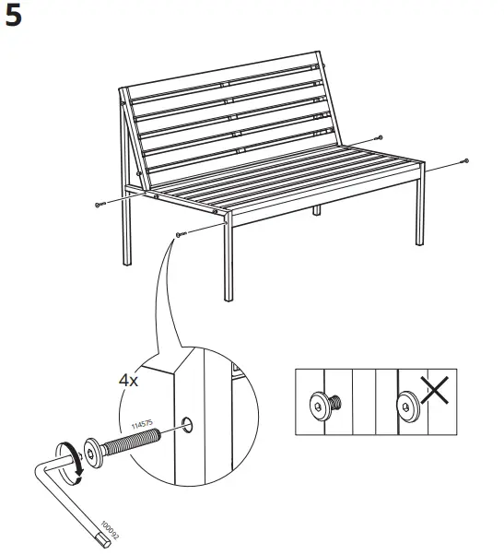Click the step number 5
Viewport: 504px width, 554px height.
[x=14, y=16]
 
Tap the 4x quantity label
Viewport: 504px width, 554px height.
[x=129, y=381]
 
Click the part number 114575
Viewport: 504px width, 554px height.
[x=142, y=424]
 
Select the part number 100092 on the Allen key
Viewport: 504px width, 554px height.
[x=110, y=530]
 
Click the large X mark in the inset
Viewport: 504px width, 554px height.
[x=434, y=390]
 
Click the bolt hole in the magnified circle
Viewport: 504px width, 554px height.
[x=187, y=424]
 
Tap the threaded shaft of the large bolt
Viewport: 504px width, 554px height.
[x=132, y=441]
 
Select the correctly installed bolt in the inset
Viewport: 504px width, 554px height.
[x=325, y=406]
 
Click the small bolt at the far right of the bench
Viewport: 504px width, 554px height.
[x=465, y=161]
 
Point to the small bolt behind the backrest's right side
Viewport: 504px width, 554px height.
[x=379, y=137]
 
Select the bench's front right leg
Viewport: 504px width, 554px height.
[x=419, y=208]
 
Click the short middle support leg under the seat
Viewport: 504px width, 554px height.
[x=317, y=210]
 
